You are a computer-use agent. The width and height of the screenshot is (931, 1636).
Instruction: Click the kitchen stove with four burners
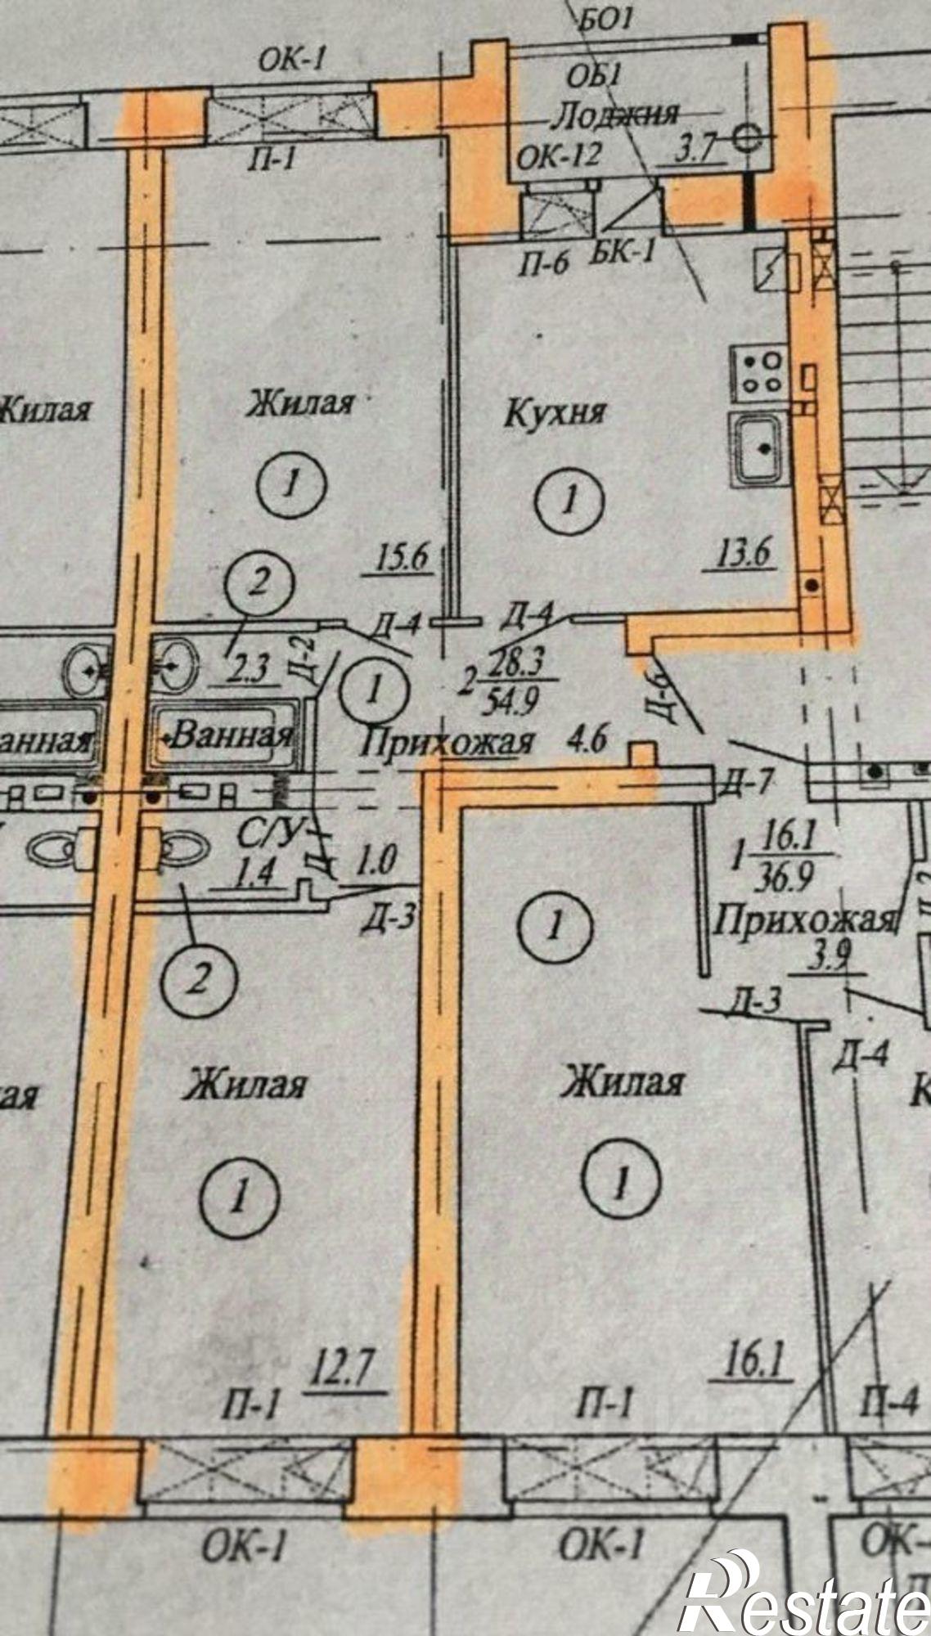(x=759, y=373)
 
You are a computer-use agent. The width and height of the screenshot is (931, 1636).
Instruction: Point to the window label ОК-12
(x=560, y=155)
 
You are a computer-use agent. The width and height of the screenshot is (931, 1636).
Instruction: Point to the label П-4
(x=888, y=1405)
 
